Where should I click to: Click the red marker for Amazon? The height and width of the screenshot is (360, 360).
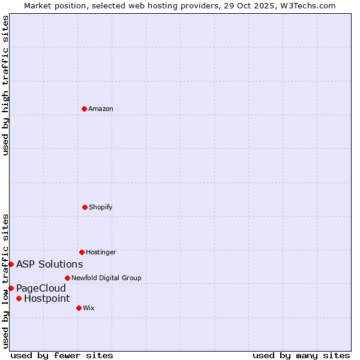pos(84,109)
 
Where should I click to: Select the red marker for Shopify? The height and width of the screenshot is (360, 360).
pos(85,207)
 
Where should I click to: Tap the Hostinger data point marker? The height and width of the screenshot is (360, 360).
pos(82,252)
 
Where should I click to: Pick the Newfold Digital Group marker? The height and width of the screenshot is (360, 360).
pos(67,278)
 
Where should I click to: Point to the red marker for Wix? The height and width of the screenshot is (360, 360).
pos(79,308)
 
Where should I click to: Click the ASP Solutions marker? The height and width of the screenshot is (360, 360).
pos(11,264)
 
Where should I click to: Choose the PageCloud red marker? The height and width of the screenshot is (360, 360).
pos(11,288)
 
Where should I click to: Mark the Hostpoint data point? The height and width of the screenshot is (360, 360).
pos(19,298)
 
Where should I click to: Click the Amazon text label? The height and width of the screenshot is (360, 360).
pos(101,109)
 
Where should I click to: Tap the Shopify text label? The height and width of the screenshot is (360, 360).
pos(101,207)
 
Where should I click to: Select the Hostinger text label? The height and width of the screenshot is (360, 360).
pos(101,252)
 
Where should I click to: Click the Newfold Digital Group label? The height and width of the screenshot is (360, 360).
pos(106,278)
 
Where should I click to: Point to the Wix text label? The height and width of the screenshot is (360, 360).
pos(89,308)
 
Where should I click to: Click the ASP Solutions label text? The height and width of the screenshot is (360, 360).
pos(49,264)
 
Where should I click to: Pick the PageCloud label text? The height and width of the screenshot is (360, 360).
pos(41,288)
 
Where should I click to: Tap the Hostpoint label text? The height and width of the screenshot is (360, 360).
pos(47,298)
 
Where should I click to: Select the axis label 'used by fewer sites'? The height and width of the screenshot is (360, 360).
pos(62,355)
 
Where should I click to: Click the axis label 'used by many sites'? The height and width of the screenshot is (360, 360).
pos(301,355)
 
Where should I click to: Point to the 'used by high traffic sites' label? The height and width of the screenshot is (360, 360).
pos(5,85)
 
